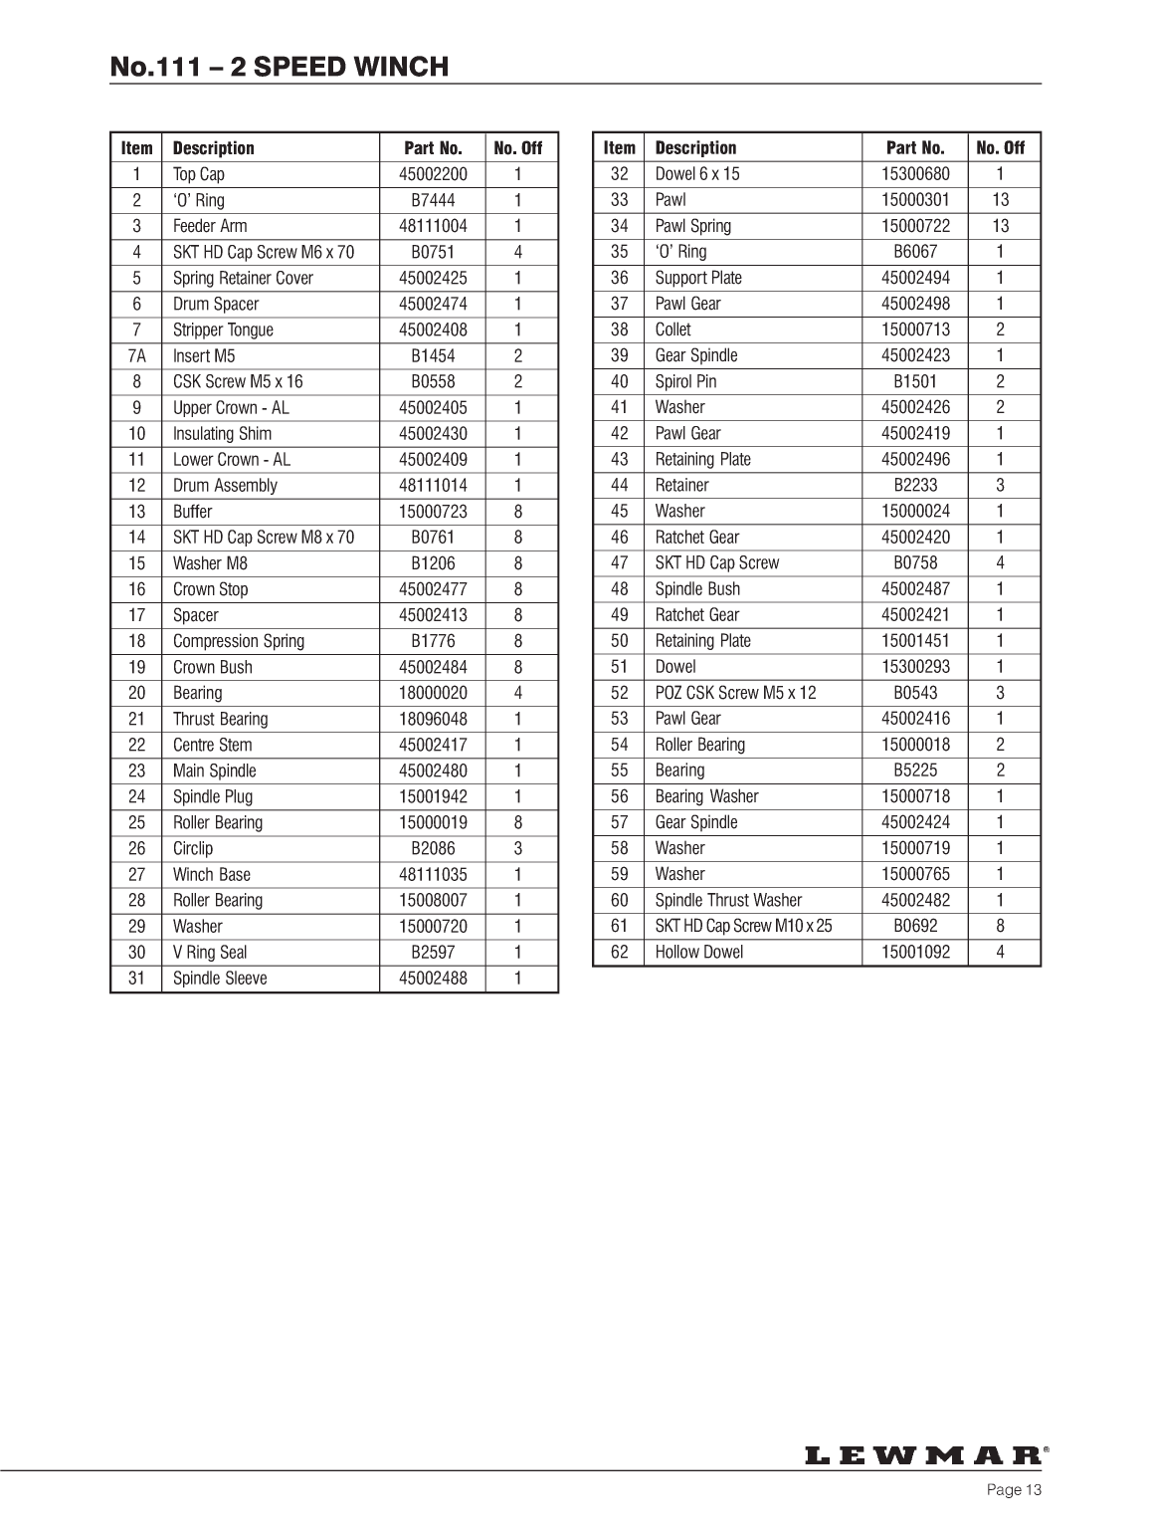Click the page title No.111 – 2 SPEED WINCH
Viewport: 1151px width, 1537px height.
[x=280, y=67]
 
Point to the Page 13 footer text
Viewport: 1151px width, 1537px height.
[x=1014, y=1489]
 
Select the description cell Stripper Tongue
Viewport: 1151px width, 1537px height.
[x=223, y=329]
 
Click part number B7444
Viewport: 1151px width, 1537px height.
[x=433, y=200]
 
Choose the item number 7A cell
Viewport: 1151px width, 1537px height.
[x=136, y=355]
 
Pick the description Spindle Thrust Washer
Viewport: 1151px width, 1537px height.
[x=728, y=900]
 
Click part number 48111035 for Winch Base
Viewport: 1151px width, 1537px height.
[x=433, y=874]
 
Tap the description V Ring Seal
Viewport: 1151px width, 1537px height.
[x=210, y=952]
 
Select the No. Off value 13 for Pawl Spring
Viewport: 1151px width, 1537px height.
[x=1000, y=226]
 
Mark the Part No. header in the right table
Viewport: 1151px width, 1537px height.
[x=915, y=148]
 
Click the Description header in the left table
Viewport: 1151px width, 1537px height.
[x=214, y=148]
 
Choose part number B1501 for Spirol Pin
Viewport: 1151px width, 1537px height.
[x=915, y=381]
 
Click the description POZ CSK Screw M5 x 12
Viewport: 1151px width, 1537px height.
[x=735, y=692]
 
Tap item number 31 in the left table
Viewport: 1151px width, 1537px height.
[x=136, y=978]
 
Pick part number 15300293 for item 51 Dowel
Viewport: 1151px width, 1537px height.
[x=915, y=667]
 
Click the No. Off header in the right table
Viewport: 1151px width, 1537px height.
[x=1000, y=148]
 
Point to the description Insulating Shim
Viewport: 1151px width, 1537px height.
[x=222, y=433]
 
